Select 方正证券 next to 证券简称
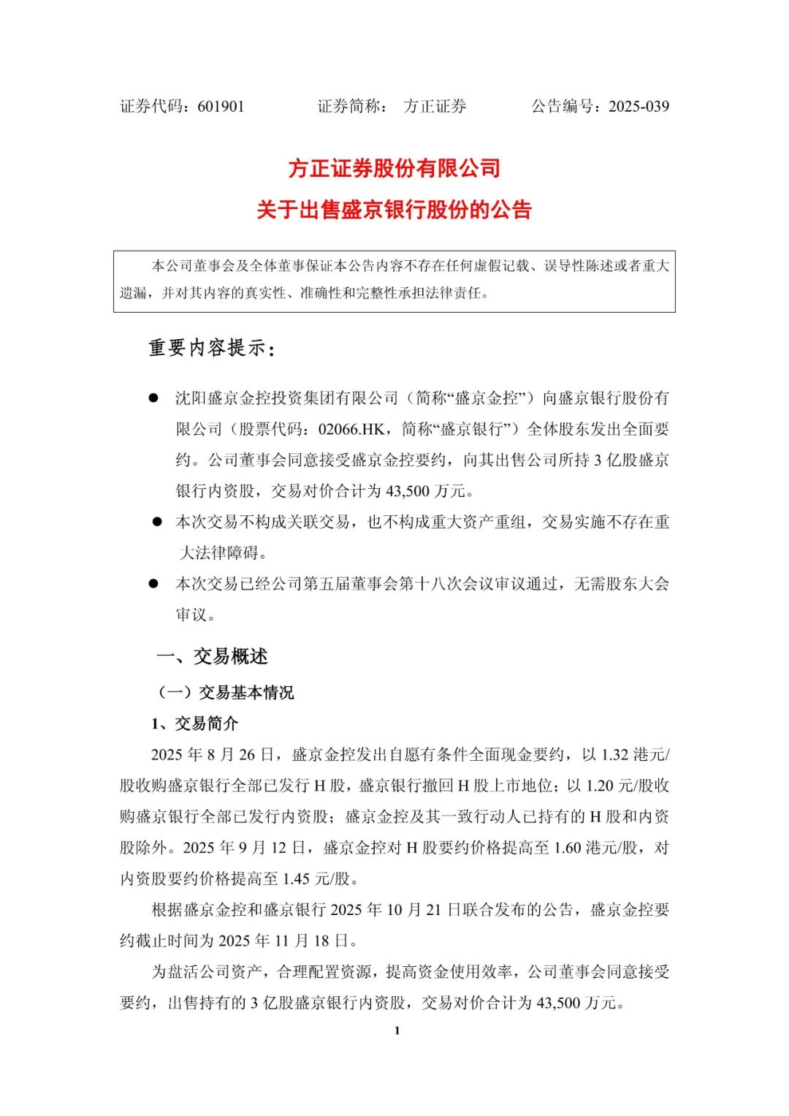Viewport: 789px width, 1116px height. coord(435,107)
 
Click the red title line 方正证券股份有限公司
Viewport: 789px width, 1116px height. coord(394,169)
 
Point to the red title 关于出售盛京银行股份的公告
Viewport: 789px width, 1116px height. coord(394,210)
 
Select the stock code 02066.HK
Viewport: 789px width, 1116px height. coord(356,430)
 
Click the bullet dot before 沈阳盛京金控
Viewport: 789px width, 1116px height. coord(153,398)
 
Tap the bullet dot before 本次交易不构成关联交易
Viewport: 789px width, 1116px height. coord(156,522)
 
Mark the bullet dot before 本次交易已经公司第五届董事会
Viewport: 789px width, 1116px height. coord(153,584)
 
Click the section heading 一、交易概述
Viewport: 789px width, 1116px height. coord(212,656)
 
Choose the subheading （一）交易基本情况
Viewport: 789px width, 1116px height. coord(226,692)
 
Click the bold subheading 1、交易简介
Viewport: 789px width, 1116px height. coord(194,724)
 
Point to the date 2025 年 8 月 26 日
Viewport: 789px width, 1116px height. coord(213,754)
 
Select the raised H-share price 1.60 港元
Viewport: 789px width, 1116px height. coord(586,848)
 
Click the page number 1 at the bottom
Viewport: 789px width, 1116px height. coord(397,1030)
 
